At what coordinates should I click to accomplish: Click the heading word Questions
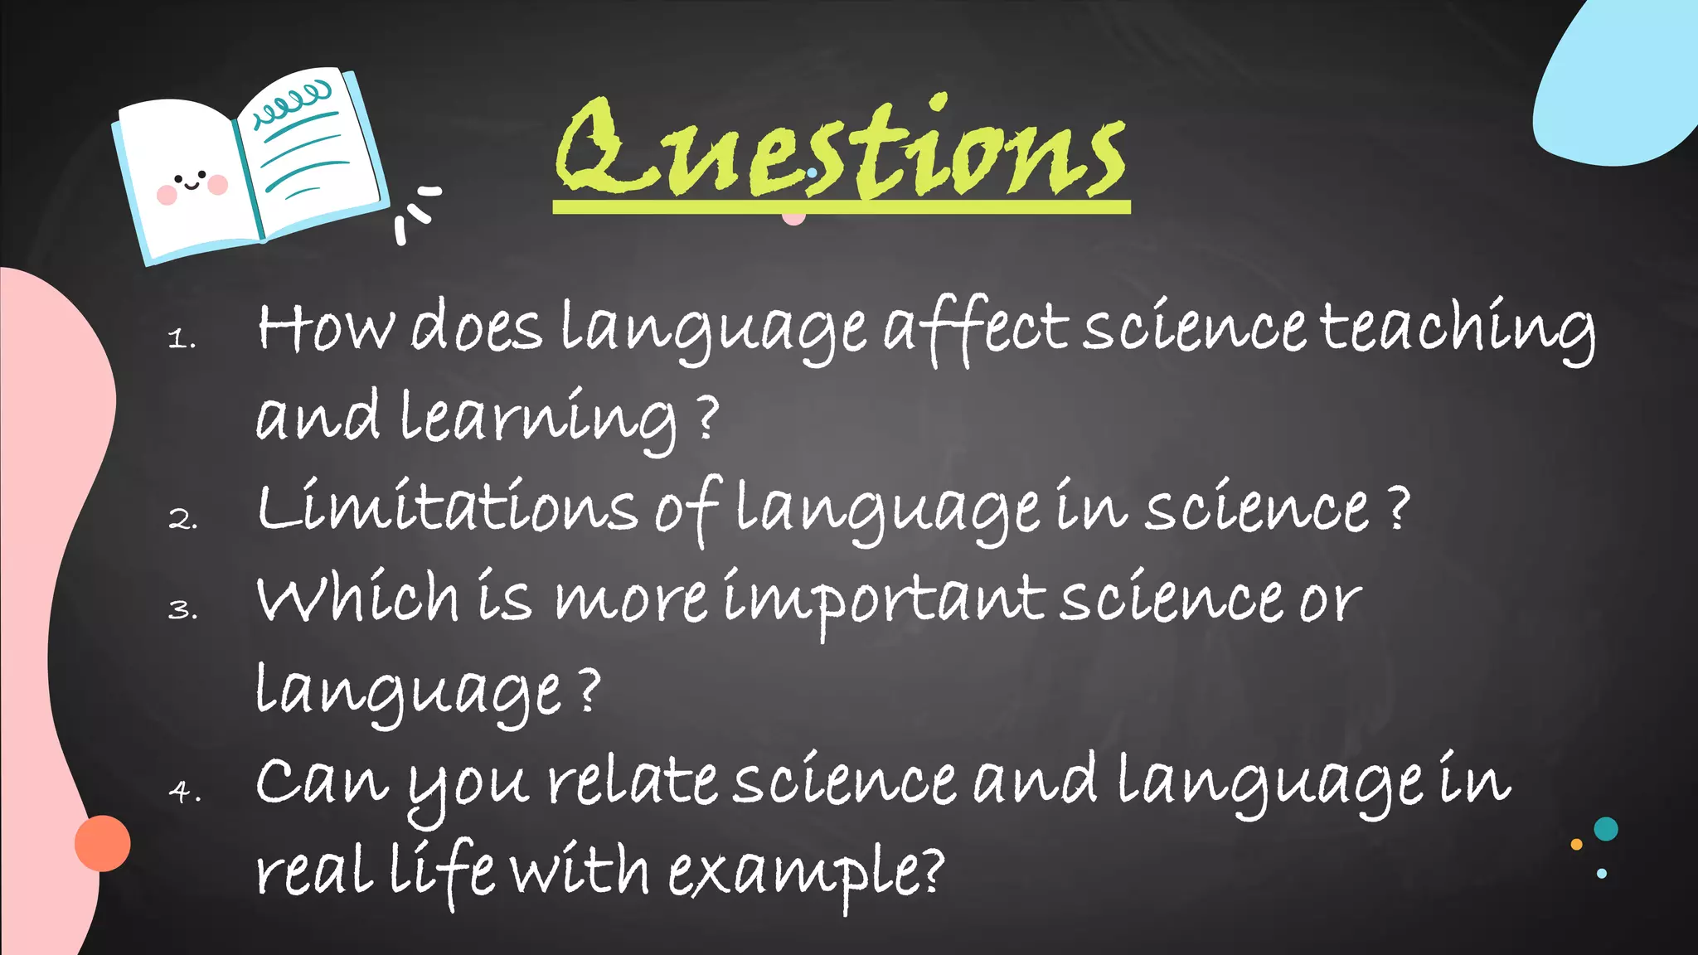[x=841, y=149]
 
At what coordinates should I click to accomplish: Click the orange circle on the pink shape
[x=103, y=843]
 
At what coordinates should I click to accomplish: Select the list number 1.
[x=181, y=338]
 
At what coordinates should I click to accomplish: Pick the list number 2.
[x=182, y=519]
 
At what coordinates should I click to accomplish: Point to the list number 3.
[x=182, y=610]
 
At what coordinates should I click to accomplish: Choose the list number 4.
[x=183, y=792]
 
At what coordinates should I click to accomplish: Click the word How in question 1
[x=325, y=327]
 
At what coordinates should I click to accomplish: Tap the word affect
[x=975, y=328]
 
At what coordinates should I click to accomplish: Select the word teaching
[x=1456, y=328]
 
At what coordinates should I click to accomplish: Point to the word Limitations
[x=446, y=507]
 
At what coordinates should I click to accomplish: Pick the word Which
[x=357, y=599]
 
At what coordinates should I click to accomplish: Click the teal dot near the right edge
[x=1606, y=829]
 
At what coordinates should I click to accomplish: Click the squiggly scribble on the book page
[x=292, y=103]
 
